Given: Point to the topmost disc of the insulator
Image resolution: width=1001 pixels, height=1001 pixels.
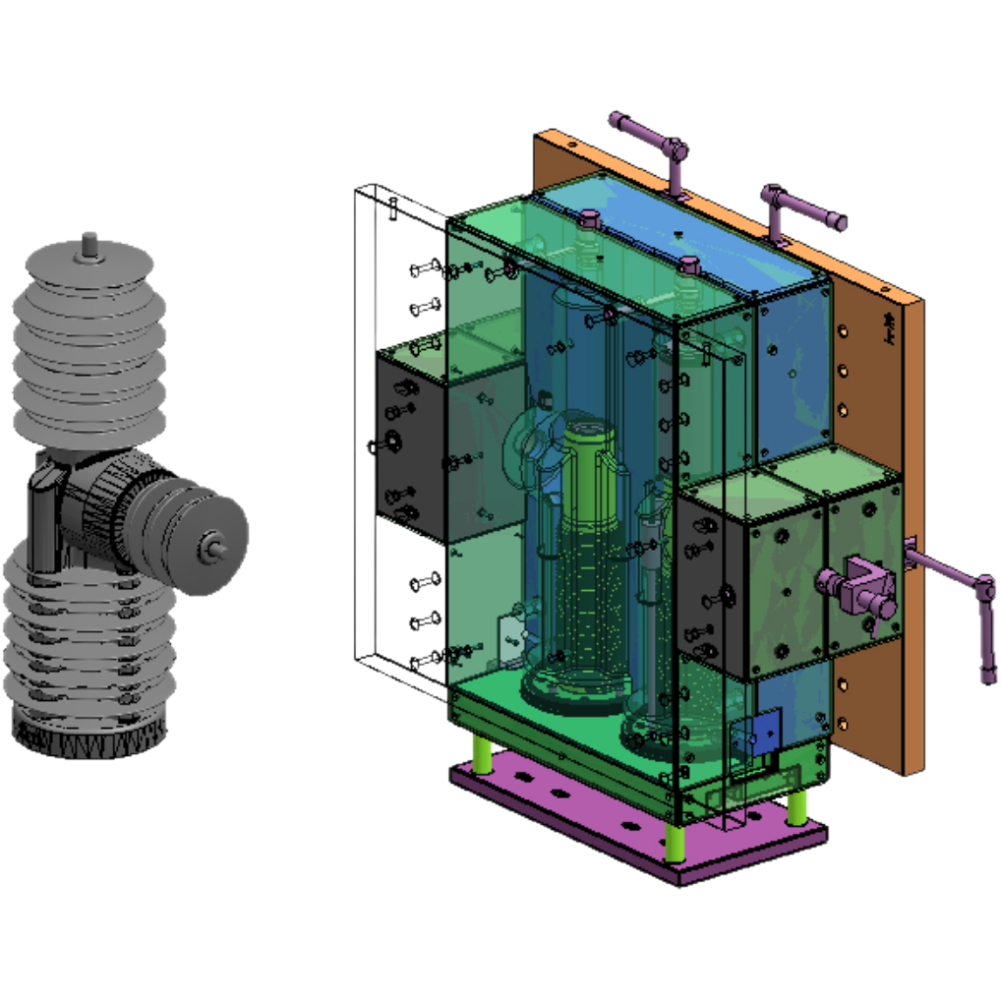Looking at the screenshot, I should (x=89, y=259).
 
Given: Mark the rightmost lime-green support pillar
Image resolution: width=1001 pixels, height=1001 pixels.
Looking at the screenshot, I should (x=797, y=806).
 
